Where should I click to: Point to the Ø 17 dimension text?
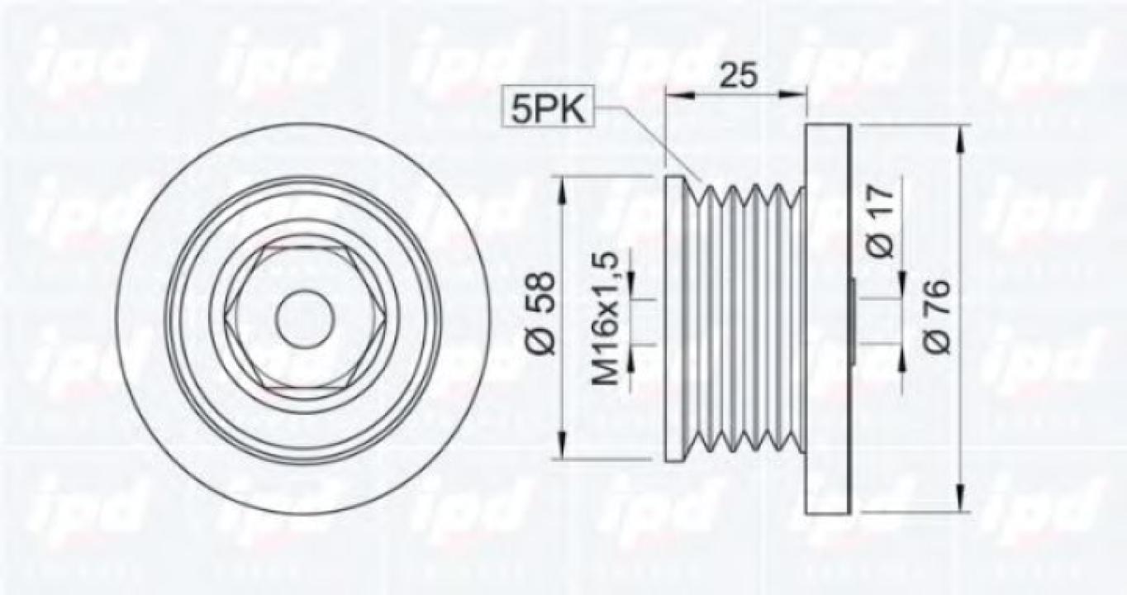[882, 221]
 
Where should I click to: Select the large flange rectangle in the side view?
[828, 319]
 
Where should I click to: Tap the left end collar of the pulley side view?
[674, 319]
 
